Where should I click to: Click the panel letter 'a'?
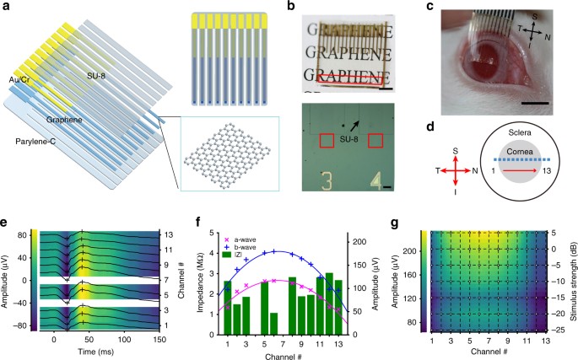(7, 8)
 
